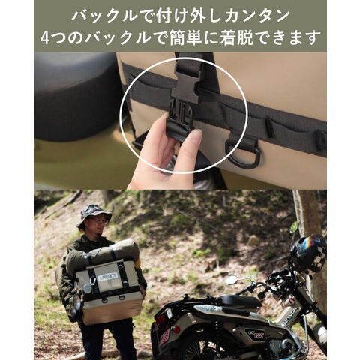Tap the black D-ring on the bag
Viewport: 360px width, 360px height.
click(x=241, y=154)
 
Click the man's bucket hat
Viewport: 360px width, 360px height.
click(x=94, y=215)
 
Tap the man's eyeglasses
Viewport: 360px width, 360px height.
click(x=99, y=220)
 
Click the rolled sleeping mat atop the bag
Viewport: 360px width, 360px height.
click(x=103, y=253)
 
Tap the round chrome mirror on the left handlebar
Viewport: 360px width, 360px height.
click(x=231, y=280)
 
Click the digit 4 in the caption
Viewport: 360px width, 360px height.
click(x=45, y=38)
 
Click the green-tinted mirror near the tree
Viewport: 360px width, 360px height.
click(x=294, y=227)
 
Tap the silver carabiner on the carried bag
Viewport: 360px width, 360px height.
click(x=93, y=282)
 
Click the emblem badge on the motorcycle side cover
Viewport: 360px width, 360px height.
click(x=252, y=334)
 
